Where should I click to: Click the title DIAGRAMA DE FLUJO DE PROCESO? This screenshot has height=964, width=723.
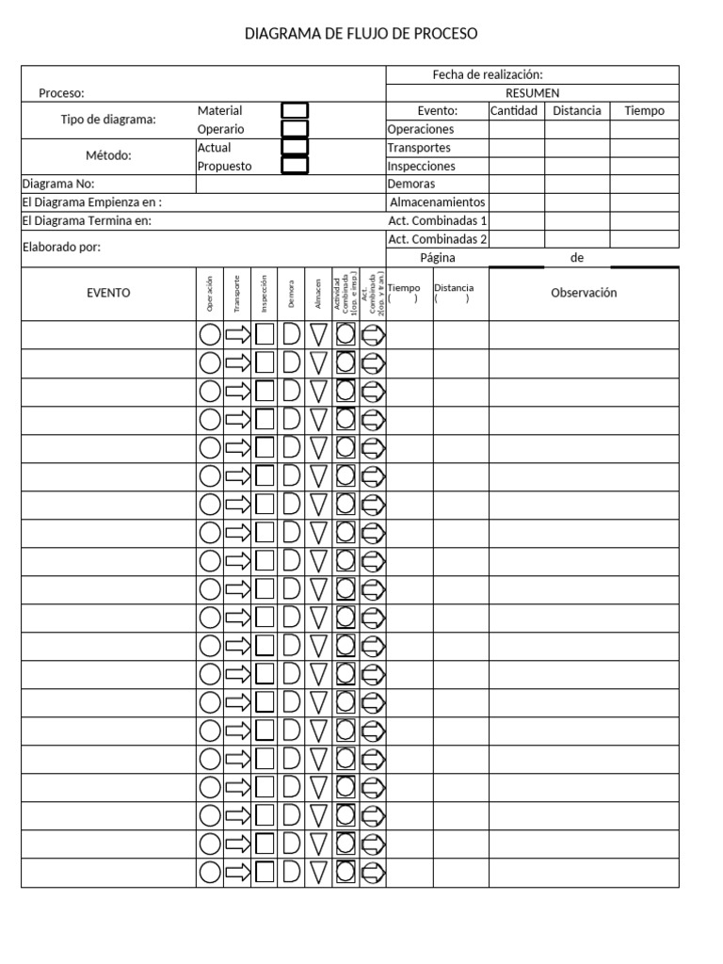pos(361,34)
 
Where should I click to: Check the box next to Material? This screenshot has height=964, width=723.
pos(295,111)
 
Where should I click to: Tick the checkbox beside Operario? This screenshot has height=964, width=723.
pos(295,129)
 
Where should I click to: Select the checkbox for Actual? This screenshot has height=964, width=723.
pos(295,148)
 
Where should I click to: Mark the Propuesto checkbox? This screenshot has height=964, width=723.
pos(295,166)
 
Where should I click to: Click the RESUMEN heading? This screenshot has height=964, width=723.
pos(533,93)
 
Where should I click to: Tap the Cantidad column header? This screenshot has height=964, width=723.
pos(514,111)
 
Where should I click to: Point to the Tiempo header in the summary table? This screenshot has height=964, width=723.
pos(644,111)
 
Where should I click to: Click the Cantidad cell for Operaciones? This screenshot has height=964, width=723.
pos(516,129)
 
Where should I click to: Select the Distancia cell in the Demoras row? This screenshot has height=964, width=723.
pos(577,185)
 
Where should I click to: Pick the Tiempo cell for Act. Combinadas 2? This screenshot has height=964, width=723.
pos(644,239)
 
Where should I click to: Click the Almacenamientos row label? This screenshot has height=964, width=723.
pos(437,202)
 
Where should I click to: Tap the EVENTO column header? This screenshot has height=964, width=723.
pos(108,293)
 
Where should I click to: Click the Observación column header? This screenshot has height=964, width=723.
pos(584,293)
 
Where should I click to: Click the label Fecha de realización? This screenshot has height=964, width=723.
pos(488,75)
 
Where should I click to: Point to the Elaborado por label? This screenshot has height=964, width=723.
pos(61,249)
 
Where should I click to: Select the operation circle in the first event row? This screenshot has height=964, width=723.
pos(210,334)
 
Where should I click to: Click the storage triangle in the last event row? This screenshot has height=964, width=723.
pos(319,872)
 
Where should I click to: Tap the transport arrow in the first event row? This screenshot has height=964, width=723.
pos(238,334)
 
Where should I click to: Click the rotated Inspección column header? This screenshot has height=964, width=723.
pos(265,293)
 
